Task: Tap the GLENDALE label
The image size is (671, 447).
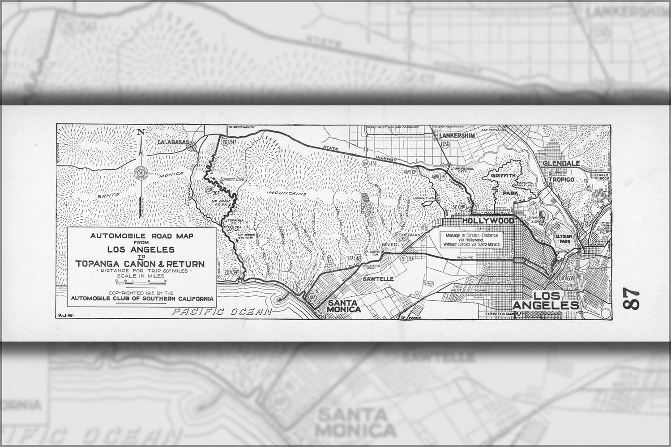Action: pyautogui.click(x=561, y=164)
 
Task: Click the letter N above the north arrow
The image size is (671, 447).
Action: pyautogui.click(x=141, y=132)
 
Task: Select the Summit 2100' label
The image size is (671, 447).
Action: pyautogui.click(x=228, y=180)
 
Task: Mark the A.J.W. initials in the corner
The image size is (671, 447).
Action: pyautogui.click(x=66, y=315)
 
